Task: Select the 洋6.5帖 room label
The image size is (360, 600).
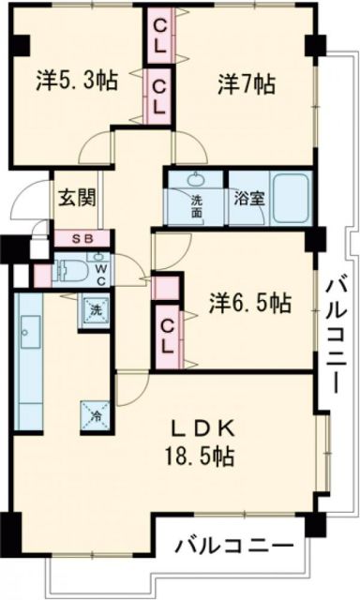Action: coord(248,302)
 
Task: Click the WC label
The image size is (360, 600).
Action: coord(101,272)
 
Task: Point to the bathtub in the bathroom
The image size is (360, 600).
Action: coord(291,197)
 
